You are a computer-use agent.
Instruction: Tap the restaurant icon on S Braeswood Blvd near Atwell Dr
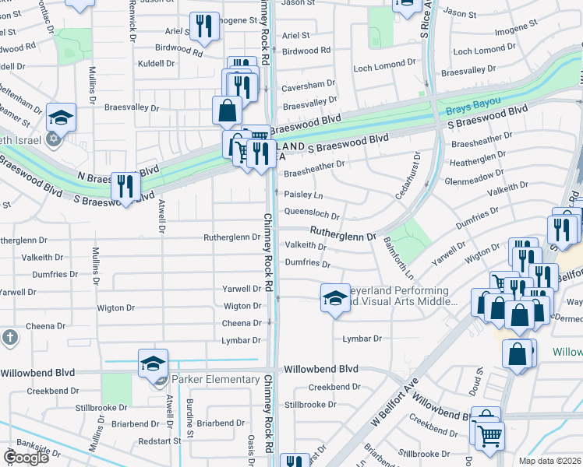point(125,188)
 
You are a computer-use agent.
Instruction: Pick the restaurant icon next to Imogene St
point(203,28)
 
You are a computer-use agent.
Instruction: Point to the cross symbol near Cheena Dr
point(9,338)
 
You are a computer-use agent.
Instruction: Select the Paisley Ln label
point(303,195)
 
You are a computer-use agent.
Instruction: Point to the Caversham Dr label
point(309,83)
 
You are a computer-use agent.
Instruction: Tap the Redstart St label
point(159,441)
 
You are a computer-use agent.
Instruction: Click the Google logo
point(26,458)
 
